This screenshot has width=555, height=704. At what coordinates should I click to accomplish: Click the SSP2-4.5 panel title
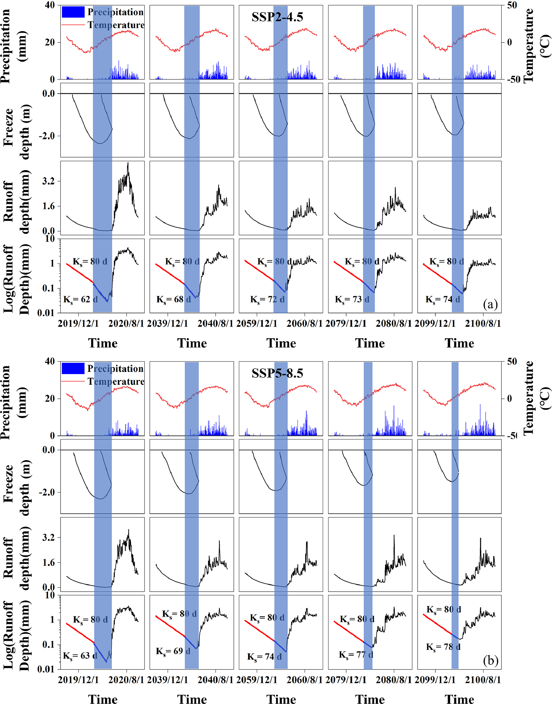point(277,17)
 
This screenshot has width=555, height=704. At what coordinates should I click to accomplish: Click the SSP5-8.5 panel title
point(277,373)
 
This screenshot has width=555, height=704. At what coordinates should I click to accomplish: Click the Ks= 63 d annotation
point(80,656)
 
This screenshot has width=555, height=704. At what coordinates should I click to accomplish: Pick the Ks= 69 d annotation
point(173,651)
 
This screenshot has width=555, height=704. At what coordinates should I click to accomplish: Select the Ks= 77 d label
point(356,655)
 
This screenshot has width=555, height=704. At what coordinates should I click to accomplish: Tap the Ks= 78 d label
point(443,647)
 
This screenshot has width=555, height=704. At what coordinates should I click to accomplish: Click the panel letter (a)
point(490,304)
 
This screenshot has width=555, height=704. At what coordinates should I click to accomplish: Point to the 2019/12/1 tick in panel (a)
point(78,324)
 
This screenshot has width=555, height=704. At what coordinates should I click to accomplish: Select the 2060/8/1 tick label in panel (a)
point(304,324)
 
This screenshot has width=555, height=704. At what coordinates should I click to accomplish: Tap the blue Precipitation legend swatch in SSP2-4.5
point(73,12)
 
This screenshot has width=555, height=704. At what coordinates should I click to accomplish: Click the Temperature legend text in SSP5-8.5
point(116,382)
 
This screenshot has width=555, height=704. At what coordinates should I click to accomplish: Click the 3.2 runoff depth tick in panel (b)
point(48,537)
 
